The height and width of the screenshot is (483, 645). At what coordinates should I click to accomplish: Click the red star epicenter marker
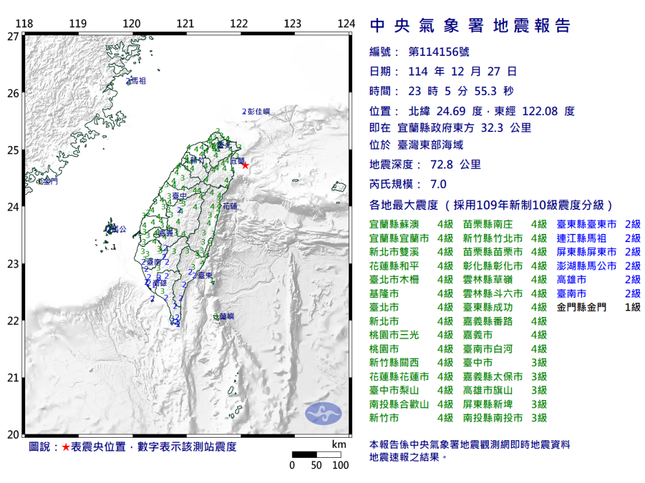[245, 165]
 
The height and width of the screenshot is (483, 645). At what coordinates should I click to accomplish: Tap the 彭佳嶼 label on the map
[258, 111]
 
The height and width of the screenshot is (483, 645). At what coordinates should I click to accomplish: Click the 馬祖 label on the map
[137, 81]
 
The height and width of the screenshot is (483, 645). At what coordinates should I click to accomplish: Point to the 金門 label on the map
[50, 181]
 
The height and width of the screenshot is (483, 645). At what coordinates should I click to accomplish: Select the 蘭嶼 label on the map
[226, 316]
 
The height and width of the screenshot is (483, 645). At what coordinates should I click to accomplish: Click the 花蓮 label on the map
[230, 206]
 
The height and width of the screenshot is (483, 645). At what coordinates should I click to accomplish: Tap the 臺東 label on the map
[203, 275]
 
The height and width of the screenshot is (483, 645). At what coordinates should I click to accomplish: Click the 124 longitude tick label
[346, 24]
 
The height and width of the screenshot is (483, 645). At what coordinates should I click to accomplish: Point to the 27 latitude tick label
[13, 36]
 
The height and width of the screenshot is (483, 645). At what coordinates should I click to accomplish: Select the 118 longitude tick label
[24, 24]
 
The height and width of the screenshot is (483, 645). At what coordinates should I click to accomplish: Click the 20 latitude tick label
[13, 435]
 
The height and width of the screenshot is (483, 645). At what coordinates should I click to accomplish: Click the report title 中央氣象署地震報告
[470, 26]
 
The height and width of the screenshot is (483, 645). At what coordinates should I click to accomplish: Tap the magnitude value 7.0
[437, 184]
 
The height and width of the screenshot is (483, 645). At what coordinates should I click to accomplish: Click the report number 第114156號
[438, 52]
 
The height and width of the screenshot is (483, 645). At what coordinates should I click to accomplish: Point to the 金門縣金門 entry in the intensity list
[582, 308]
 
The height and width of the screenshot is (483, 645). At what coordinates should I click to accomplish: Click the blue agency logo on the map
[323, 413]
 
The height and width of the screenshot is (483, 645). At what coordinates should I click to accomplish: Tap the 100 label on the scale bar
[340, 465]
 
